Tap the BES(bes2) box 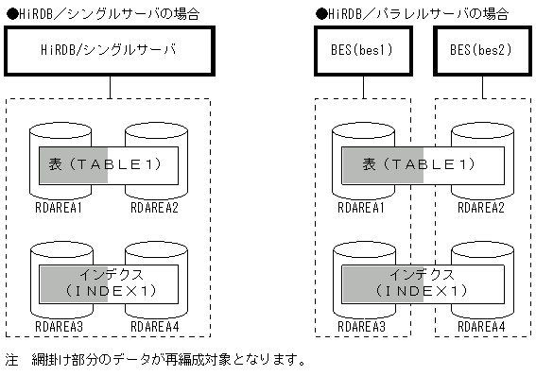(x=480, y=49)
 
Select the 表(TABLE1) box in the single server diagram (x=109, y=163)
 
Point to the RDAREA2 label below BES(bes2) (x=482, y=207)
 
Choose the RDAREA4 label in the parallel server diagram (x=482, y=326)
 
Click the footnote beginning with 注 (x=156, y=359)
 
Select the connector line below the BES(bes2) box (x=480, y=86)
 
